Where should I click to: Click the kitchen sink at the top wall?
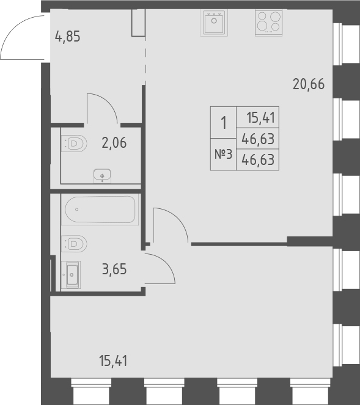pyautogui.click(x=214, y=24)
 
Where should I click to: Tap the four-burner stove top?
pyautogui.click(x=268, y=24)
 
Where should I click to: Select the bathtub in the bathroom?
pyautogui.click(x=101, y=210)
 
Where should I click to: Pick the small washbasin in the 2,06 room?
pyautogui.click(x=101, y=176)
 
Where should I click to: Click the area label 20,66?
pyautogui.click(x=308, y=84)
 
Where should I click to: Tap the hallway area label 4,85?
pyautogui.click(x=68, y=36)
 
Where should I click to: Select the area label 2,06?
pyautogui.click(x=114, y=144)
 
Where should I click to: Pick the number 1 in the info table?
pyautogui.click(x=223, y=123)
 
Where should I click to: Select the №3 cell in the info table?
pyautogui.click(x=223, y=155)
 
